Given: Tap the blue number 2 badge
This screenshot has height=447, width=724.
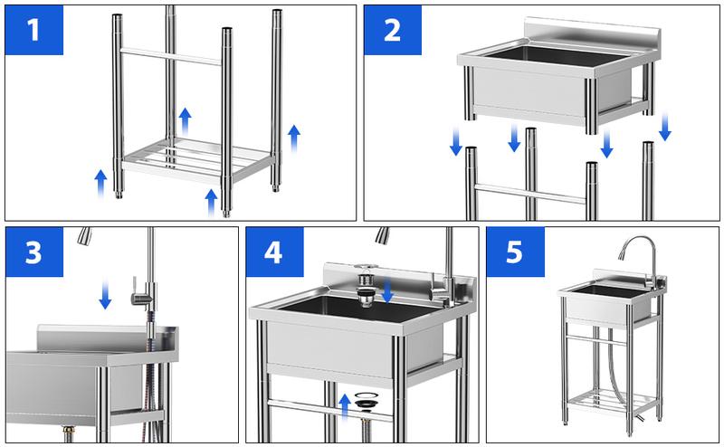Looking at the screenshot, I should tap(392, 31).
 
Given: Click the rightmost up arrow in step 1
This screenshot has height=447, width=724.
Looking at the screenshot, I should tap(293, 138).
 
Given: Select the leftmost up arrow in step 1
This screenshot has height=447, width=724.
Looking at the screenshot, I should tap(101, 181).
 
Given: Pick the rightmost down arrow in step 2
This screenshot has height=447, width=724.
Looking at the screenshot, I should tap(665, 127).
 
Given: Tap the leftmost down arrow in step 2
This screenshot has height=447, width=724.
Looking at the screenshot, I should tap(456, 140).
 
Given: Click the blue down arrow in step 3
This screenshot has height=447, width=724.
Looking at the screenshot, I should tap(106, 294).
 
